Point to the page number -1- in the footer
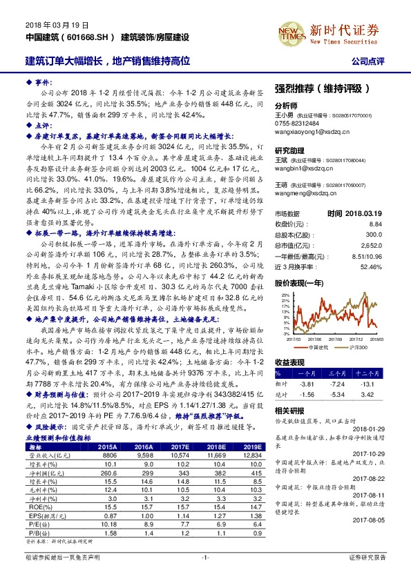click(205, 575)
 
